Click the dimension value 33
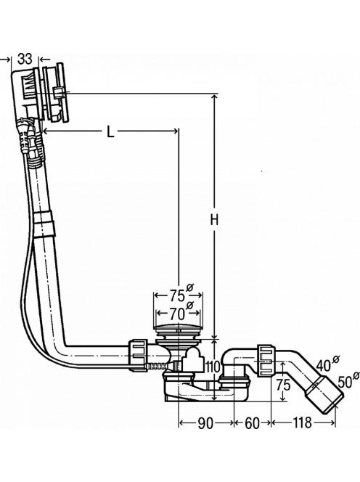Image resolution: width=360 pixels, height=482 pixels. pos(25,58)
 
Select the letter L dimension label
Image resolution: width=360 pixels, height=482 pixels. pos(110,132)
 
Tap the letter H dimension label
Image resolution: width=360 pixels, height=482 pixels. pos(214,220)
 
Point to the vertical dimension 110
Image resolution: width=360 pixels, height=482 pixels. pos(213,367)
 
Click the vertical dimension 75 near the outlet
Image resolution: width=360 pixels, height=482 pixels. pos(283,385)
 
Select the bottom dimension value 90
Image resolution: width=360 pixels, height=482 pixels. pos(205,423)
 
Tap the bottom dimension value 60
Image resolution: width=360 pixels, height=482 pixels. pos(252,423)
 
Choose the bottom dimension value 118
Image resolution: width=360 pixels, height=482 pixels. pos(302,423)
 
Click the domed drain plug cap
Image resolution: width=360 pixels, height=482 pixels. pos(178,327)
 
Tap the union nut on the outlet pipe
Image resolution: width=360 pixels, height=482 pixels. pos(266,360)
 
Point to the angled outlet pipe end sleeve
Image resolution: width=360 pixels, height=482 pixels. pos(324,393)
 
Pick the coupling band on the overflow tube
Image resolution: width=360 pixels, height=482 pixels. pos(44,224)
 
